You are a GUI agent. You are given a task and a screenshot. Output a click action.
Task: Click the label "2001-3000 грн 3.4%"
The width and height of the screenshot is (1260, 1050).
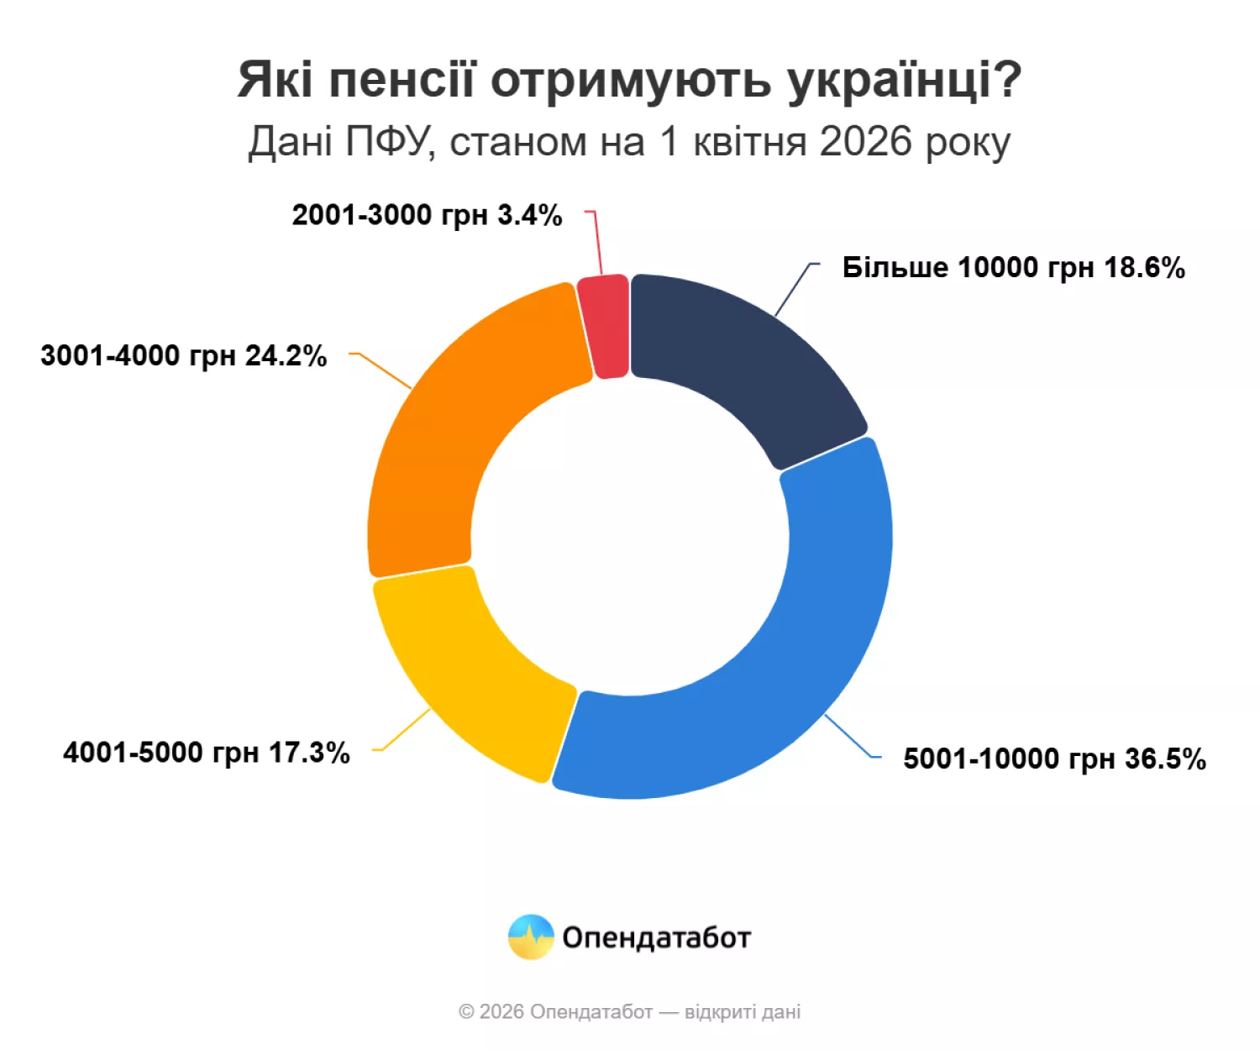(x=427, y=216)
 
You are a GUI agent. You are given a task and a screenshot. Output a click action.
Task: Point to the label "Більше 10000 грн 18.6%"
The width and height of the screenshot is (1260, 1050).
(x=1013, y=268)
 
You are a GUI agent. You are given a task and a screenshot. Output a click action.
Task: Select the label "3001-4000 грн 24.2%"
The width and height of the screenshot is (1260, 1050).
(x=183, y=356)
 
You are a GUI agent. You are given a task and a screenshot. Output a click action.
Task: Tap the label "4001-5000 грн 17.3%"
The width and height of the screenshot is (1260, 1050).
(x=206, y=753)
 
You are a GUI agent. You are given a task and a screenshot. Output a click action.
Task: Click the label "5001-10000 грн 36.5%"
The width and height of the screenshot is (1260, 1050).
(x=1054, y=759)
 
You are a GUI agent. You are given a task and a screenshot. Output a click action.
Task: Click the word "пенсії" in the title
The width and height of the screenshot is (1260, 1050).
(x=402, y=81)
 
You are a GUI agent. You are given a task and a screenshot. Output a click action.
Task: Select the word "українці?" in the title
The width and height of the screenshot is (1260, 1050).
(x=904, y=81)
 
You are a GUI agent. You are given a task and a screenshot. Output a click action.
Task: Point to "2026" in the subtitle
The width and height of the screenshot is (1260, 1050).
(x=865, y=142)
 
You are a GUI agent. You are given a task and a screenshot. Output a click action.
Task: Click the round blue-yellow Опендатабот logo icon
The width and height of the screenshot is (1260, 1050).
(x=531, y=937)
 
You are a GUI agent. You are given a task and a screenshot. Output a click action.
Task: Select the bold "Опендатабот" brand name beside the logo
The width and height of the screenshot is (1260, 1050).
(x=656, y=937)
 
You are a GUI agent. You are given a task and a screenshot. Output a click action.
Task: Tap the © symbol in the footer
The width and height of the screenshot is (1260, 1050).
(x=466, y=1012)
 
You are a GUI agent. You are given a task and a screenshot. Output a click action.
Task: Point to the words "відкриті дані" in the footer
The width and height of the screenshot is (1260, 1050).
(x=743, y=1012)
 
